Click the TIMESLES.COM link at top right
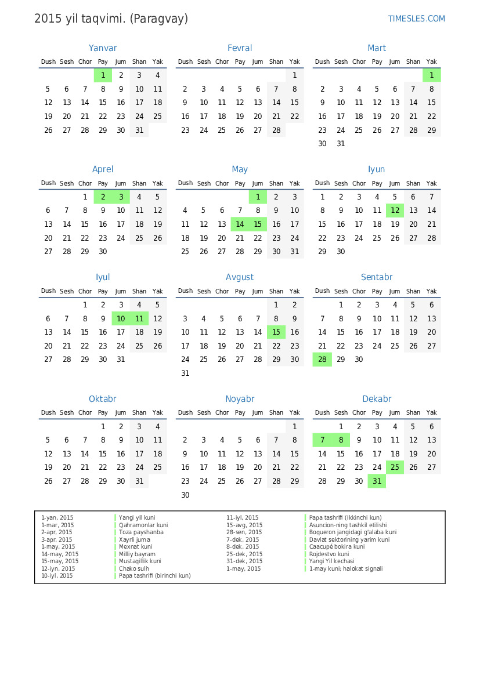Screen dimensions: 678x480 point(416,19)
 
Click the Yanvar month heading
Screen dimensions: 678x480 point(103,48)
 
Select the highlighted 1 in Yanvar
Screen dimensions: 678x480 point(103,75)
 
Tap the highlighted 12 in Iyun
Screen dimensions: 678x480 point(395,211)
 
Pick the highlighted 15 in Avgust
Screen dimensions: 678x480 point(276,332)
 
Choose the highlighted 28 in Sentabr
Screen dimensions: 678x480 point(322,360)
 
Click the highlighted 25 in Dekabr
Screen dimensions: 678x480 point(395,467)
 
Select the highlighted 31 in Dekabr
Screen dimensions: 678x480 point(377,481)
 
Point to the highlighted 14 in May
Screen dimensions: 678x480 point(240,224)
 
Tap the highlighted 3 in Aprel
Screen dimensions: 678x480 point(121,197)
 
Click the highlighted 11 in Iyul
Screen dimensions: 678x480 point(139,318)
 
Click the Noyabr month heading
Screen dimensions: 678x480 point(240,399)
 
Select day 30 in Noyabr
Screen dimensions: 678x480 point(185,495)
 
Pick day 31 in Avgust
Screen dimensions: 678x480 point(185,373)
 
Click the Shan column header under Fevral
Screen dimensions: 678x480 point(276,61)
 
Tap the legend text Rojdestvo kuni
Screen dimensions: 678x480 point(329,554)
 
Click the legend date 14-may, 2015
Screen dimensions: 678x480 point(60,554)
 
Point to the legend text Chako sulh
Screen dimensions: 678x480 point(134,568)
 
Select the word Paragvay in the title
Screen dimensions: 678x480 point(159,19)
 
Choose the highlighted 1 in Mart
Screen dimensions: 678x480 point(431,75)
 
